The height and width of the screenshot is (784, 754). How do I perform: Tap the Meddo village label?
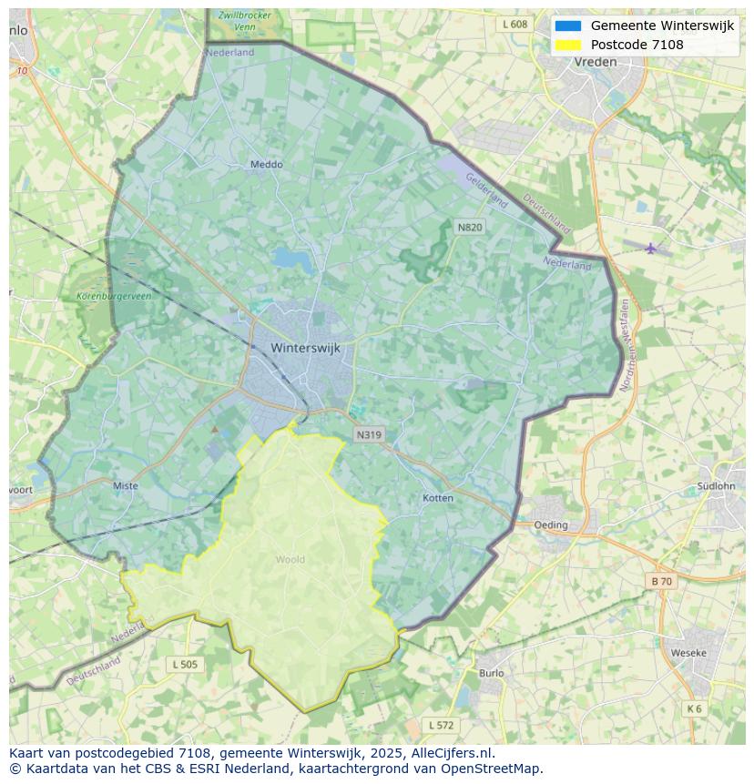point(266,165)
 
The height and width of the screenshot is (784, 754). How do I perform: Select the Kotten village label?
point(438,498)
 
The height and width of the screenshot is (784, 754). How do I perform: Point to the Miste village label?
point(126,486)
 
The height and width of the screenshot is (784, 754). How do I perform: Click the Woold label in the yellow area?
point(290,559)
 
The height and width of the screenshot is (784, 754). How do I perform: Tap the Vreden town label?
point(596,62)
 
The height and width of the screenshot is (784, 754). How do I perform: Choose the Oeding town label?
point(550,524)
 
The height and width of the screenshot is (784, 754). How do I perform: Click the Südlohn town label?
point(715,485)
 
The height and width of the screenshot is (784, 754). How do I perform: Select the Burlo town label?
point(491,673)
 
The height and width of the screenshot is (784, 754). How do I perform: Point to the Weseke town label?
point(688,653)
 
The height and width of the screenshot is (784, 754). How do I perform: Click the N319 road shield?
point(369,435)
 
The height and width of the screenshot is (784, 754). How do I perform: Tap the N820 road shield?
point(469,227)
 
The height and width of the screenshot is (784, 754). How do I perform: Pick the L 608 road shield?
point(515,25)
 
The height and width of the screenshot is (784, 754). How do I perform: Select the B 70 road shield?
point(661,581)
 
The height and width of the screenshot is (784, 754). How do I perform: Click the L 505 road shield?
point(184,665)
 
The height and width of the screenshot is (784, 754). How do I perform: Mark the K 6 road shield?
point(695,708)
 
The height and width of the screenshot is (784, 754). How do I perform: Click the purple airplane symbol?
point(650,248)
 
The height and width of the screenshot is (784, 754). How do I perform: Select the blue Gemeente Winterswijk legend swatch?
point(567,26)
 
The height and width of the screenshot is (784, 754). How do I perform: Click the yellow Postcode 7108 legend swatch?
point(567,45)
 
